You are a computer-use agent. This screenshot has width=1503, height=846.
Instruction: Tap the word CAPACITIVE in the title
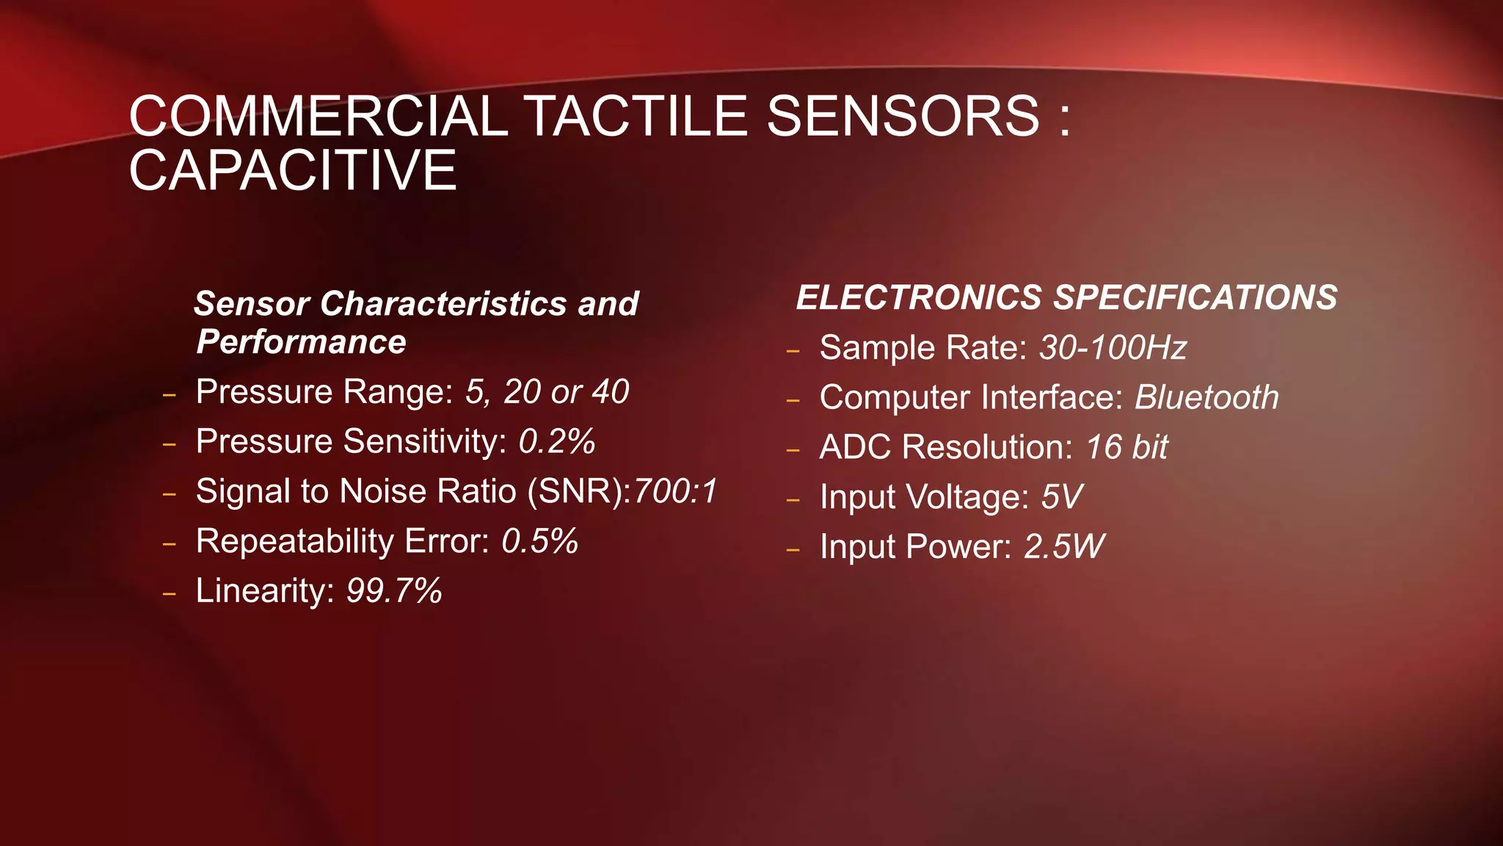293,170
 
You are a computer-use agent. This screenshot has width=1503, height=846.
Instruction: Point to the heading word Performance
301,342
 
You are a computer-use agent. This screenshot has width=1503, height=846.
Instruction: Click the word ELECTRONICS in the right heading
919,297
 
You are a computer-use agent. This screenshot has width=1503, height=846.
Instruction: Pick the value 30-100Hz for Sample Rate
1113,347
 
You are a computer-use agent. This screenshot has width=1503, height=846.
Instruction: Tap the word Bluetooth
1207,397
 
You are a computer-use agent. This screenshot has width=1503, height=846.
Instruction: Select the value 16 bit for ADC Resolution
1127,447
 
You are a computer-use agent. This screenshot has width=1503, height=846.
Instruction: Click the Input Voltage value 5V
1061,497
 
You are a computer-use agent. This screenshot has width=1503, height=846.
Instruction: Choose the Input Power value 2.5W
1063,546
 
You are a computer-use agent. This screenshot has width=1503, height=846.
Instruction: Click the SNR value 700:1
675,491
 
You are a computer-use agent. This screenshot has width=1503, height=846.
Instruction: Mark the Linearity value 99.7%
394,590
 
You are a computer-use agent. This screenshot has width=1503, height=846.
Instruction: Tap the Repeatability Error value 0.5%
539,541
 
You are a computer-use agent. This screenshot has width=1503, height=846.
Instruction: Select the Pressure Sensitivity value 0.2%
556,441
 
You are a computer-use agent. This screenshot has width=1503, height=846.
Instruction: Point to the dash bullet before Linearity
170,593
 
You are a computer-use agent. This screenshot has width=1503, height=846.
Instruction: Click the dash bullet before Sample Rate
793,350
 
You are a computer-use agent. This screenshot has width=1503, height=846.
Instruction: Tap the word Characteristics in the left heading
443,304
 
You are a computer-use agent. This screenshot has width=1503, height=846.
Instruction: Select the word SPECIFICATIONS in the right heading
1195,297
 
